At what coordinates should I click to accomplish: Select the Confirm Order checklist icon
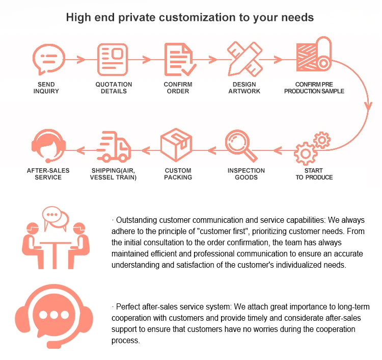[178, 59]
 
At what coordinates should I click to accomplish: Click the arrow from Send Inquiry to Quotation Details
[79, 59]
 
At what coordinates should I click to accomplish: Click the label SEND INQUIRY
[46, 88]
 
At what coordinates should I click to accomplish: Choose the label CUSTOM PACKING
[178, 174]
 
